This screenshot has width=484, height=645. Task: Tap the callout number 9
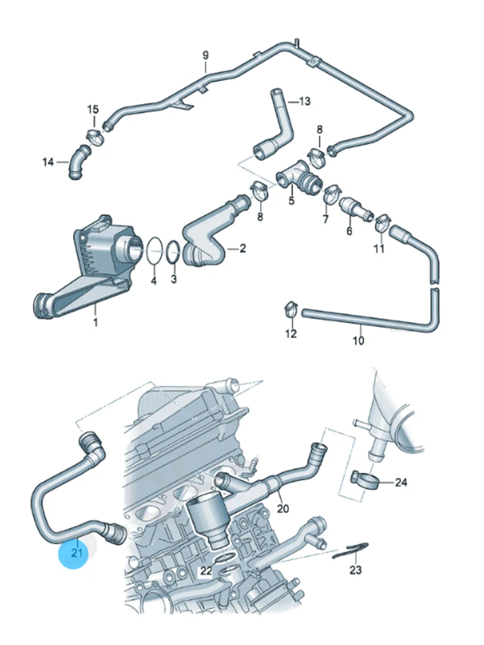206,55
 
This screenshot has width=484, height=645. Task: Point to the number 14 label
48,162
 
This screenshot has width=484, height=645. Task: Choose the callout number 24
401,482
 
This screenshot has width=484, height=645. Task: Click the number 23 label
356,570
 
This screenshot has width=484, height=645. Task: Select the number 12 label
291,333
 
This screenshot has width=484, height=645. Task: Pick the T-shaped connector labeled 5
297,175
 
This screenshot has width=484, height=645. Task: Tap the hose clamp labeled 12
291,308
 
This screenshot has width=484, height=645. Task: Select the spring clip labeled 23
352,550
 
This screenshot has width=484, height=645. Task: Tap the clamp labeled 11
381,223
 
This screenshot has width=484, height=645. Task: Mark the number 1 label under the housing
96,321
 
